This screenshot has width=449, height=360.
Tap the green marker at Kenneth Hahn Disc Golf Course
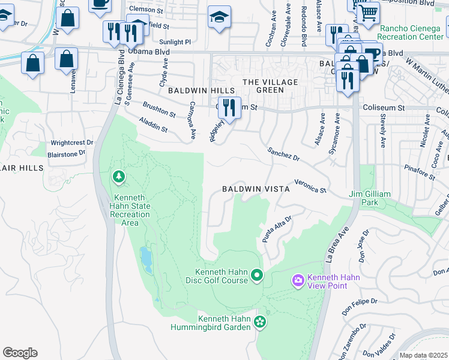[257, 275]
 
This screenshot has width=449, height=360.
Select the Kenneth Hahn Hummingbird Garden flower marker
[259, 322]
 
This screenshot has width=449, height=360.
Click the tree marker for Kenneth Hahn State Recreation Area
[118, 176]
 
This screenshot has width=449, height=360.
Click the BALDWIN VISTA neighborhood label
[256, 188]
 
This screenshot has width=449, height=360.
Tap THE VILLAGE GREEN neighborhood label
[262, 86]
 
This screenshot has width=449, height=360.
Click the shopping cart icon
[367, 12]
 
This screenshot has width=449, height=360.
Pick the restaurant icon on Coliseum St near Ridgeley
[229, 107]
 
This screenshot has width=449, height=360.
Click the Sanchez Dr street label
[283, 154]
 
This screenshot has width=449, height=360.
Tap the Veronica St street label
[310, 186]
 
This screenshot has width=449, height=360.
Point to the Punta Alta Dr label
[276, 230]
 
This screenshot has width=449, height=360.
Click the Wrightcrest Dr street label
[72, 143]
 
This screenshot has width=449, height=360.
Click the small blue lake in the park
[146, 260]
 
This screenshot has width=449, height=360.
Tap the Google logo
[20, 353]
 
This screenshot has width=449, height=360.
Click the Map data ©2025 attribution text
[423, 355]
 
